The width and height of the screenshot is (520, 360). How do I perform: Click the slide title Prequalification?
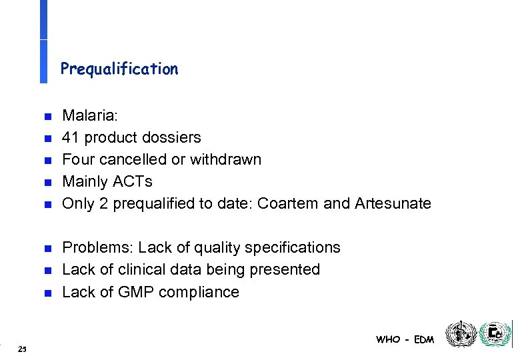pos(119,69)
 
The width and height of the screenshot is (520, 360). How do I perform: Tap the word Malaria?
pos(89,115)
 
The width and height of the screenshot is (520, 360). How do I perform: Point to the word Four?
pos(77,159)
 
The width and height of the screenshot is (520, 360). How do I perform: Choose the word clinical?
pos(130,269)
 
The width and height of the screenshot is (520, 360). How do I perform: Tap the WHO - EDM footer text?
pos(405,339)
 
